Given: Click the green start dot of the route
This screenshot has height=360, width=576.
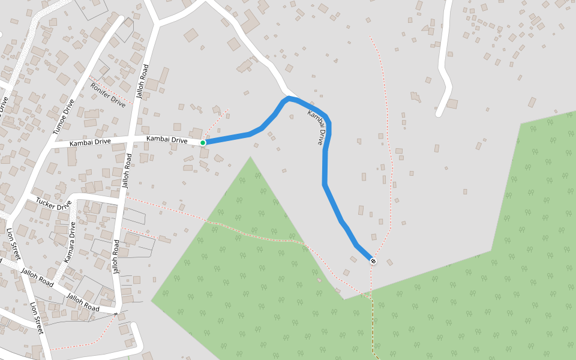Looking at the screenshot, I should (203, 142).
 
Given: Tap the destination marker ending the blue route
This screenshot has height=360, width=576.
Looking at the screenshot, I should (373, 261).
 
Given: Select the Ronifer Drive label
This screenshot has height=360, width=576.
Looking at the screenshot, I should (108, 94).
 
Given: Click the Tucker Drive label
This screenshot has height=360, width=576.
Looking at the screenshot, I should (53, 203).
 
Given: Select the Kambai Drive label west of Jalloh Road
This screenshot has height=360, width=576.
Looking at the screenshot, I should (90, 143).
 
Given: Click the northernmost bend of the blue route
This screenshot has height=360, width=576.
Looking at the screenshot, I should (289, 97).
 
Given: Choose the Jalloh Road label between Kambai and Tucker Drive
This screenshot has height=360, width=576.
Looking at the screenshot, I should (127, 171).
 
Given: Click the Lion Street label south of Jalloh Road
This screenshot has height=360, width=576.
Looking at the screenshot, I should (36, 318).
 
